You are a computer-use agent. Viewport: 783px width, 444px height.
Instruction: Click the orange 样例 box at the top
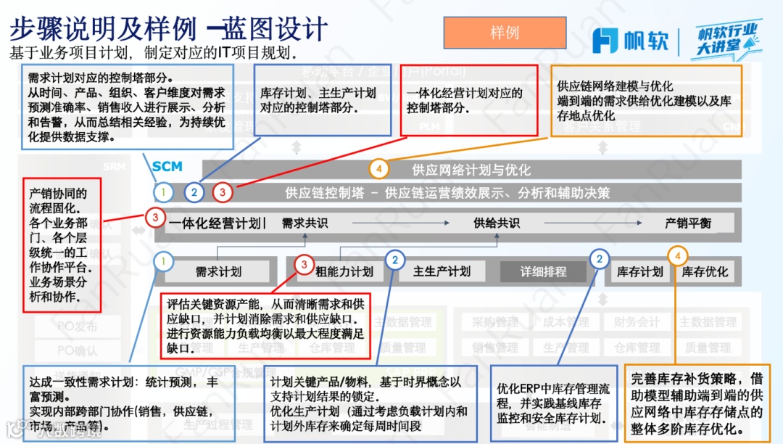click(x=505, y=33)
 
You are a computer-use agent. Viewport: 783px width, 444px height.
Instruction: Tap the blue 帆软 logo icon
click(x=605, y=41)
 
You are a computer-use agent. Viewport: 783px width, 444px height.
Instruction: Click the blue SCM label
click(x=167, y=167)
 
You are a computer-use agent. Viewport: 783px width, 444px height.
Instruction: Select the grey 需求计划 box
click(x=218, y=272)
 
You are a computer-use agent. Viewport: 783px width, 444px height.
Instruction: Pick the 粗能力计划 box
click(x=344, y=272)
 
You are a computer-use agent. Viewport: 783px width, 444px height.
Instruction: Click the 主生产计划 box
click(x=442, y=271)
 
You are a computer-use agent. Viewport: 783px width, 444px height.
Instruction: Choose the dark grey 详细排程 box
click(x=544, y=272)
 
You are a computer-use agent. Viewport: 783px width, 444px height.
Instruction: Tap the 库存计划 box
click(x=639, y=272)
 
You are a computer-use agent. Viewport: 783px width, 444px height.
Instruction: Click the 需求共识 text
click(x=304, y=223)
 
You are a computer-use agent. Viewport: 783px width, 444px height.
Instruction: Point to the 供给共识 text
click(x=497, y=223)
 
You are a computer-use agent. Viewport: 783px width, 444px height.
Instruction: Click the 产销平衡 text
click(x=688, y=223)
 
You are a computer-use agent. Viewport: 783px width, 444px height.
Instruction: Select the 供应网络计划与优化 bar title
click(x=471, y=170)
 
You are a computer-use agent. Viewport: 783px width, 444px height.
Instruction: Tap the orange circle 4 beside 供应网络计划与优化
click(x=378, y=170)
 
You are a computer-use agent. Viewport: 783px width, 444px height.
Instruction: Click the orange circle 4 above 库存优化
click(x=678, y=255)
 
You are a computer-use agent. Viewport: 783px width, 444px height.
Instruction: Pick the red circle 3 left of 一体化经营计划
click(x=154, y=217)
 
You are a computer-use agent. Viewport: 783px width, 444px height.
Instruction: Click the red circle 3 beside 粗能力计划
click(x=304, y=266)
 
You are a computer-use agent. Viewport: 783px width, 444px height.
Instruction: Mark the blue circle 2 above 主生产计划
click(x=395, y=260)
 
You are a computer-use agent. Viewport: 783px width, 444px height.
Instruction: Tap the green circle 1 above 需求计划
click(x=165, y=260)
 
